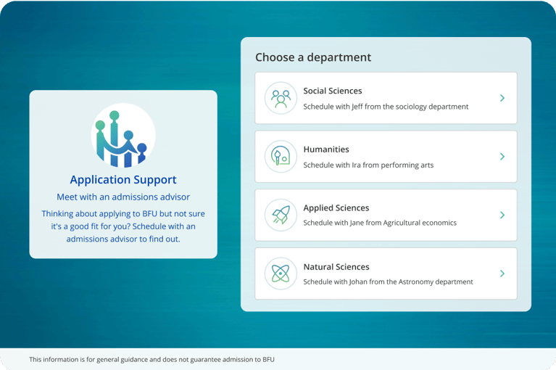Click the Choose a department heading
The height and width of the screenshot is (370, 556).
coord(313,57)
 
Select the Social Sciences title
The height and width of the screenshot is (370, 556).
coord(333,91)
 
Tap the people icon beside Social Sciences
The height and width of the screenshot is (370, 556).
coord(281,98)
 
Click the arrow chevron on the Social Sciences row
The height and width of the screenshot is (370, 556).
coord(502,98)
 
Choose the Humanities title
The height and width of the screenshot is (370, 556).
coord(326,149)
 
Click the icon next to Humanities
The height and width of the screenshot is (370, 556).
coord(281,157)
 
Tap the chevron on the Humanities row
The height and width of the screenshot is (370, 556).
coord(502,157)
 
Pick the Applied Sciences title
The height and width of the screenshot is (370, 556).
coord(336,208)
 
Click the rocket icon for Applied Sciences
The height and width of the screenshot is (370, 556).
coord(281,215)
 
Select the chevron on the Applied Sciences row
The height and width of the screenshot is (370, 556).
coord(502,215)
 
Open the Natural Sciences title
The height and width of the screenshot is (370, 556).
coord(336,267)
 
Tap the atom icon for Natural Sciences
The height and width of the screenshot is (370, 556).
coord(281,274)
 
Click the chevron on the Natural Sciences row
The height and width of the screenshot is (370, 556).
coord(502,274)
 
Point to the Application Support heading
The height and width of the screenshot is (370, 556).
coord(123,180)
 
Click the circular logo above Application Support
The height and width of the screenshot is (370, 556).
coord(123,135)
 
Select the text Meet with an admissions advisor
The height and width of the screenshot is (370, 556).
coord(123,197)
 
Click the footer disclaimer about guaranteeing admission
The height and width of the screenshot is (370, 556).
coord(152,359)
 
